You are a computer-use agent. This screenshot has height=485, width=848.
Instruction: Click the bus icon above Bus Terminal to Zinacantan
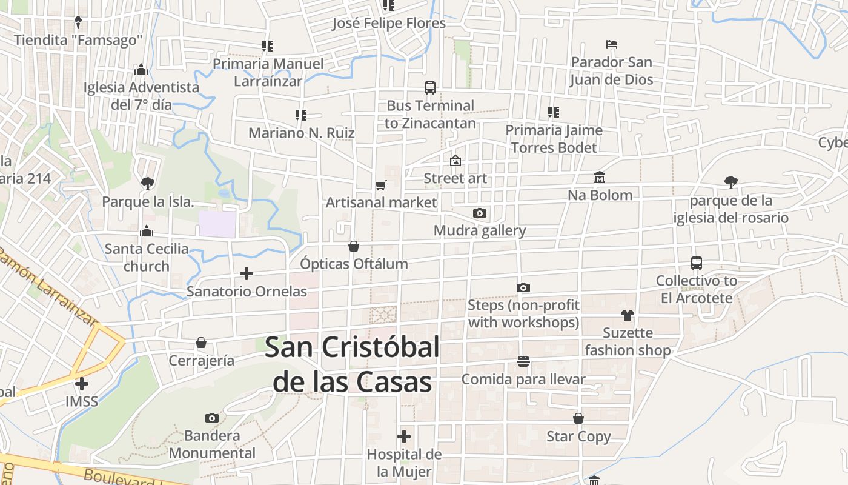(x=430, y=87)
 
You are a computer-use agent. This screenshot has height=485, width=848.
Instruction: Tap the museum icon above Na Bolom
(x=600, y=177)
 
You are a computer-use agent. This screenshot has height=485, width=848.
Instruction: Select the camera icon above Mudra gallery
(x=479, y=213)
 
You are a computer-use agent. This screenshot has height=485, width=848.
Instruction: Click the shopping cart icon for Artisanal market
(x=380, y=185)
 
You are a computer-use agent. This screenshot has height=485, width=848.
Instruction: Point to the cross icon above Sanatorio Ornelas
(x=247, y=273)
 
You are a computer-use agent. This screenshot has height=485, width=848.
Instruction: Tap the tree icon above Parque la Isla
(x=147, y=183)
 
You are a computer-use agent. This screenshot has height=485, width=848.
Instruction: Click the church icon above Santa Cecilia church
(x=146, y=231)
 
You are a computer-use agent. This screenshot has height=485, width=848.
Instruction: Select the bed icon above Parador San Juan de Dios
(x=612, y=44)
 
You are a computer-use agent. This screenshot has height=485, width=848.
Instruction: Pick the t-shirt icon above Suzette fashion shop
(x=627, y=315)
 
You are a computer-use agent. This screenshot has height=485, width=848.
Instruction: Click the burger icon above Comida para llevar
(x=523, y=361)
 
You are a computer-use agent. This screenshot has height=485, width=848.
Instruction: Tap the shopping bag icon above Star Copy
(x=578, y=418)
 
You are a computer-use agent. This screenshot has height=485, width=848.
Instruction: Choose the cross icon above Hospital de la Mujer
(x=404, y=436)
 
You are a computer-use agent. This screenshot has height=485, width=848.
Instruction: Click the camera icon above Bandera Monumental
(x=211, y=417)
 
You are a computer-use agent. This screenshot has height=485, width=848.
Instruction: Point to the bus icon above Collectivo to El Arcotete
(x=697, y=263)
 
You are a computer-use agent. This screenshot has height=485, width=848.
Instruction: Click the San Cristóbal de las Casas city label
(x=352, y=364)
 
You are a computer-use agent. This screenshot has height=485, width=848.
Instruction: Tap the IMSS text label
(x=82, y=401)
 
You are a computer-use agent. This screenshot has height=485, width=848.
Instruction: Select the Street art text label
(x=455, y=178)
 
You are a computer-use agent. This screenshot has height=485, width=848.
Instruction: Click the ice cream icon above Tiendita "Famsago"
(x=78, y=22)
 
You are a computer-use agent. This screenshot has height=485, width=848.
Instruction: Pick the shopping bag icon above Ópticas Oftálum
(x=354, y=246)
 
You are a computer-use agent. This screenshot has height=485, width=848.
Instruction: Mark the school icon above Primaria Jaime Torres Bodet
(x=553, y=112)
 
